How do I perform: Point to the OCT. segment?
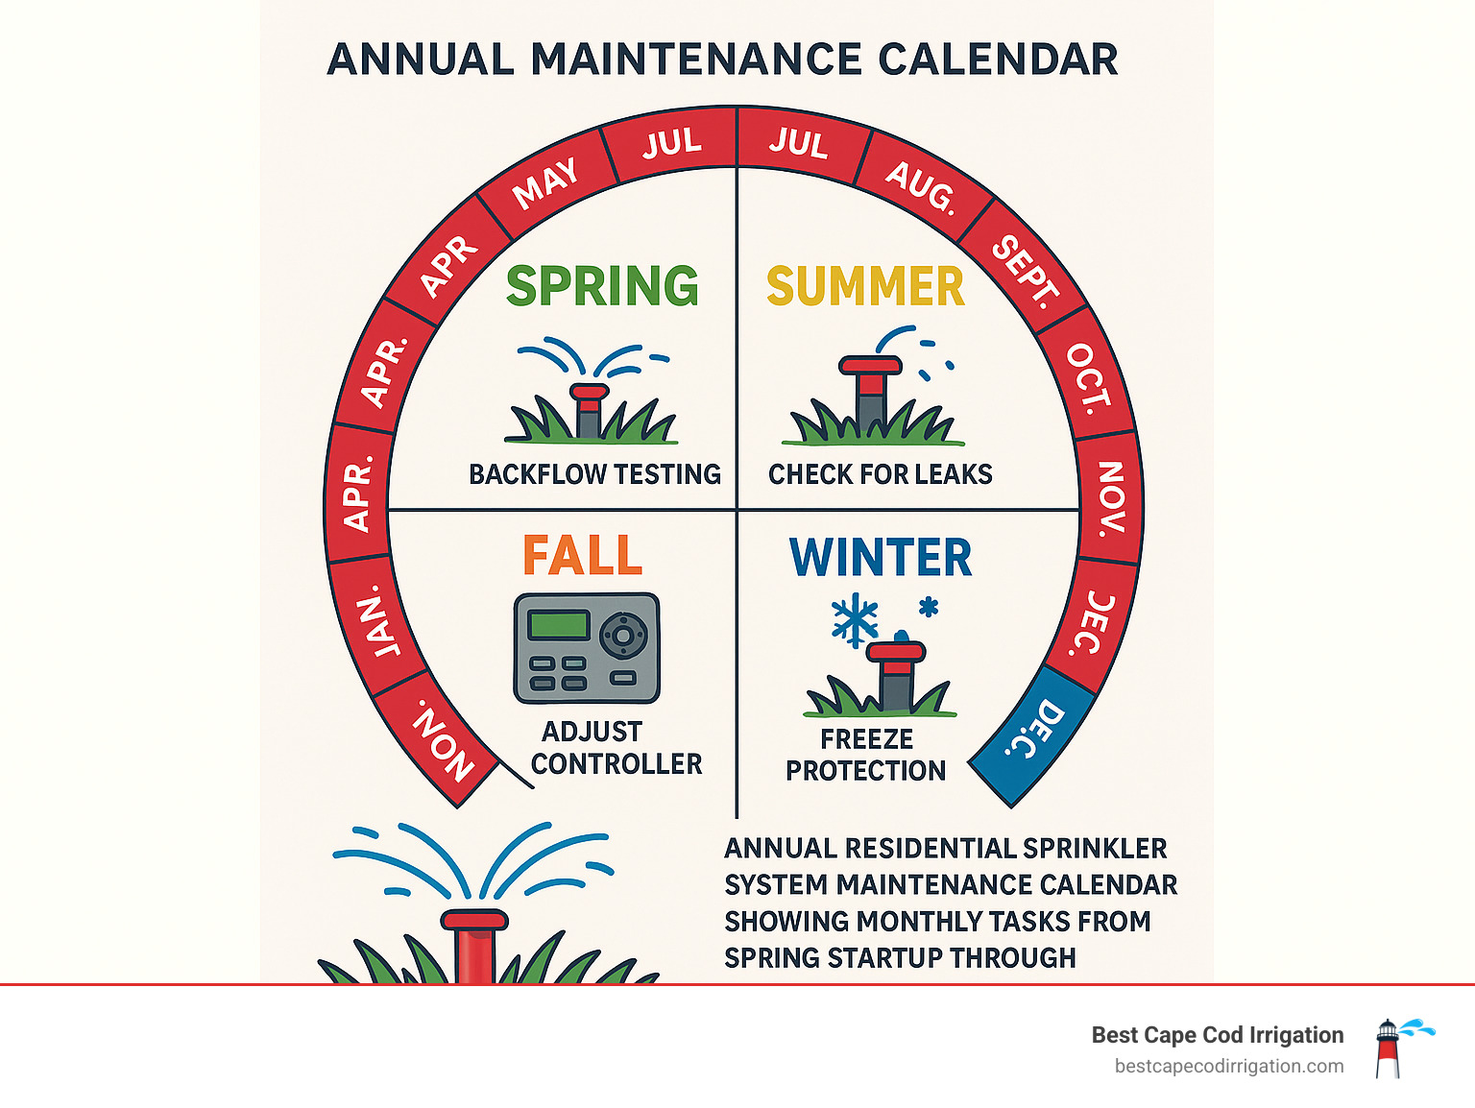click(1089, 375)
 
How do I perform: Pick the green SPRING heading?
click(602, 286)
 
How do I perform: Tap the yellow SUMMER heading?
click(864, 287)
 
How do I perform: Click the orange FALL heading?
click(582, 556)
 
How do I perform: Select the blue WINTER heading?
click(880, 558)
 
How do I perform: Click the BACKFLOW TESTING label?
click(594, 474)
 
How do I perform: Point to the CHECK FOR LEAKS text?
click(880, 474)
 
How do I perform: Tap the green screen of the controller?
click(558, 625)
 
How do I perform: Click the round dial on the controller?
click(624, 635)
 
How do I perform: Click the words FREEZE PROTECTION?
click(865, 755)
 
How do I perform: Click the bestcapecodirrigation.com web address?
click(1228, 1066)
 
